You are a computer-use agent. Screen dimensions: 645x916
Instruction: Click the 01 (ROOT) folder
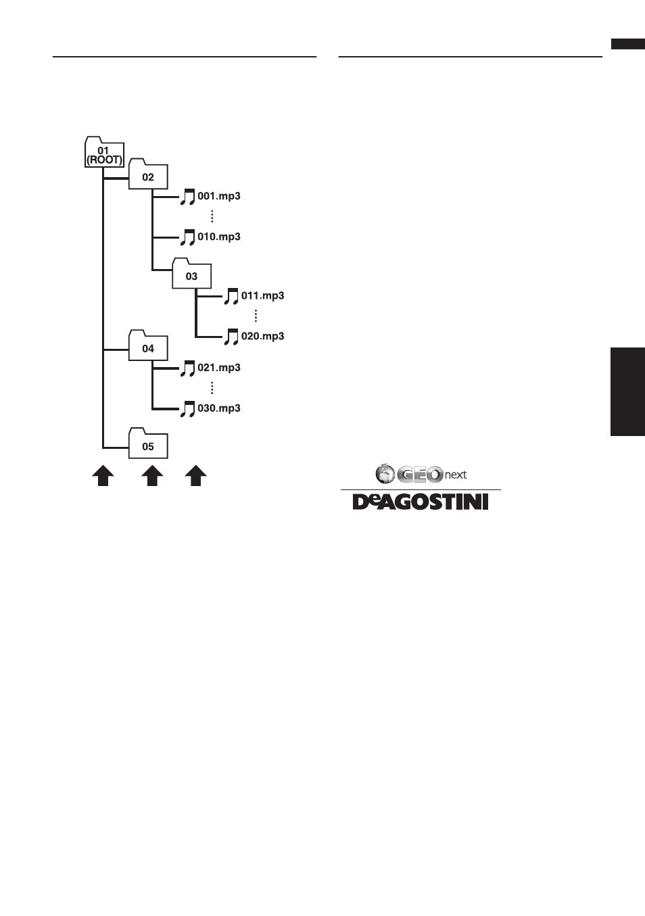coord(104,152)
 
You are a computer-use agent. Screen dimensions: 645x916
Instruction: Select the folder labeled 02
coord(148,174)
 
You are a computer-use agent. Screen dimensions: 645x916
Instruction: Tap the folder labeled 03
coord(191,274)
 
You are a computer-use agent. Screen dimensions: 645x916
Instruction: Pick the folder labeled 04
coord(148,345)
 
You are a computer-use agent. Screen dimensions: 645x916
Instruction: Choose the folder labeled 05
coord(148,443)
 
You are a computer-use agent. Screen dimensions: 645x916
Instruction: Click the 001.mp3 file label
coord(219,196)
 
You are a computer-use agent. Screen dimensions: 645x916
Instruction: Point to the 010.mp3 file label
coord(219,237)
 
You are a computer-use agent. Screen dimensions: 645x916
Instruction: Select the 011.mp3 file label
coord(262,295)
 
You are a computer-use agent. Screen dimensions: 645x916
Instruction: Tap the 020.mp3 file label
coord(262,336)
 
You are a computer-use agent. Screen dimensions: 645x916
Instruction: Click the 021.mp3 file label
coord(219,368)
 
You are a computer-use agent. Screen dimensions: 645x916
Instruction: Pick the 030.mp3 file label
coord(219,408)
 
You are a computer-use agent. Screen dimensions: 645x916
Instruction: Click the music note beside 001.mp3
coord(188,197)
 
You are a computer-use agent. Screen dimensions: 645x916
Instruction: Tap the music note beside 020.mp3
coord(231,337)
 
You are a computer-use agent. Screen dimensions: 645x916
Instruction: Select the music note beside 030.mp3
coord(188,409)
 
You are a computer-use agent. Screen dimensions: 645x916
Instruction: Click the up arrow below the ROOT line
coord(103,476)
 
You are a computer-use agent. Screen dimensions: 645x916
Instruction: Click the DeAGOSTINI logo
coord(421,502)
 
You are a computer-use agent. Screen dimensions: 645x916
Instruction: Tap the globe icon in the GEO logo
coord(385,473)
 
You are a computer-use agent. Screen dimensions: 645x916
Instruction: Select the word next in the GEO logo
coord(456,475)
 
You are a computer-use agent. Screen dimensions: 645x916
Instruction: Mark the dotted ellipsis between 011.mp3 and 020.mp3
coord(256,316)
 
